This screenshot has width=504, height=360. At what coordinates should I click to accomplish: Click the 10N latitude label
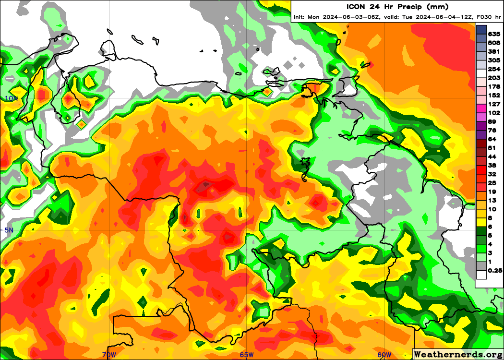(x=11, y=98)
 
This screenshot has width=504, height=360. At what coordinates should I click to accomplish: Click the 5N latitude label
(x=9, y=230)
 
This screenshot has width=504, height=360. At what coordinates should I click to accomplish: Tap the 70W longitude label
(x=109, y=355)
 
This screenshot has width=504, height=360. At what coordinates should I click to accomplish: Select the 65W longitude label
(x=247, y=355)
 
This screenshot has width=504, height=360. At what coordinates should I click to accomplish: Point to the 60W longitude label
(x=384, y=355)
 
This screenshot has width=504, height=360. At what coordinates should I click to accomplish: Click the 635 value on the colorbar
(x=494, y=34)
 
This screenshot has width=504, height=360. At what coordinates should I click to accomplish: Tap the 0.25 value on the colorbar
(x=494, y=271)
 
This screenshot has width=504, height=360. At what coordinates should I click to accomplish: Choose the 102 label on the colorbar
(x=494, y=113)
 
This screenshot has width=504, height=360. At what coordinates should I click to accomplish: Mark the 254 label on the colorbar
(x=494, y=69)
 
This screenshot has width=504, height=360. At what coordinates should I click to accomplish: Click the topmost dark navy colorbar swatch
(x=481, y=30)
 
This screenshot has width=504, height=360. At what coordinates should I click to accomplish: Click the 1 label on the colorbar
(x=490, y=262)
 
